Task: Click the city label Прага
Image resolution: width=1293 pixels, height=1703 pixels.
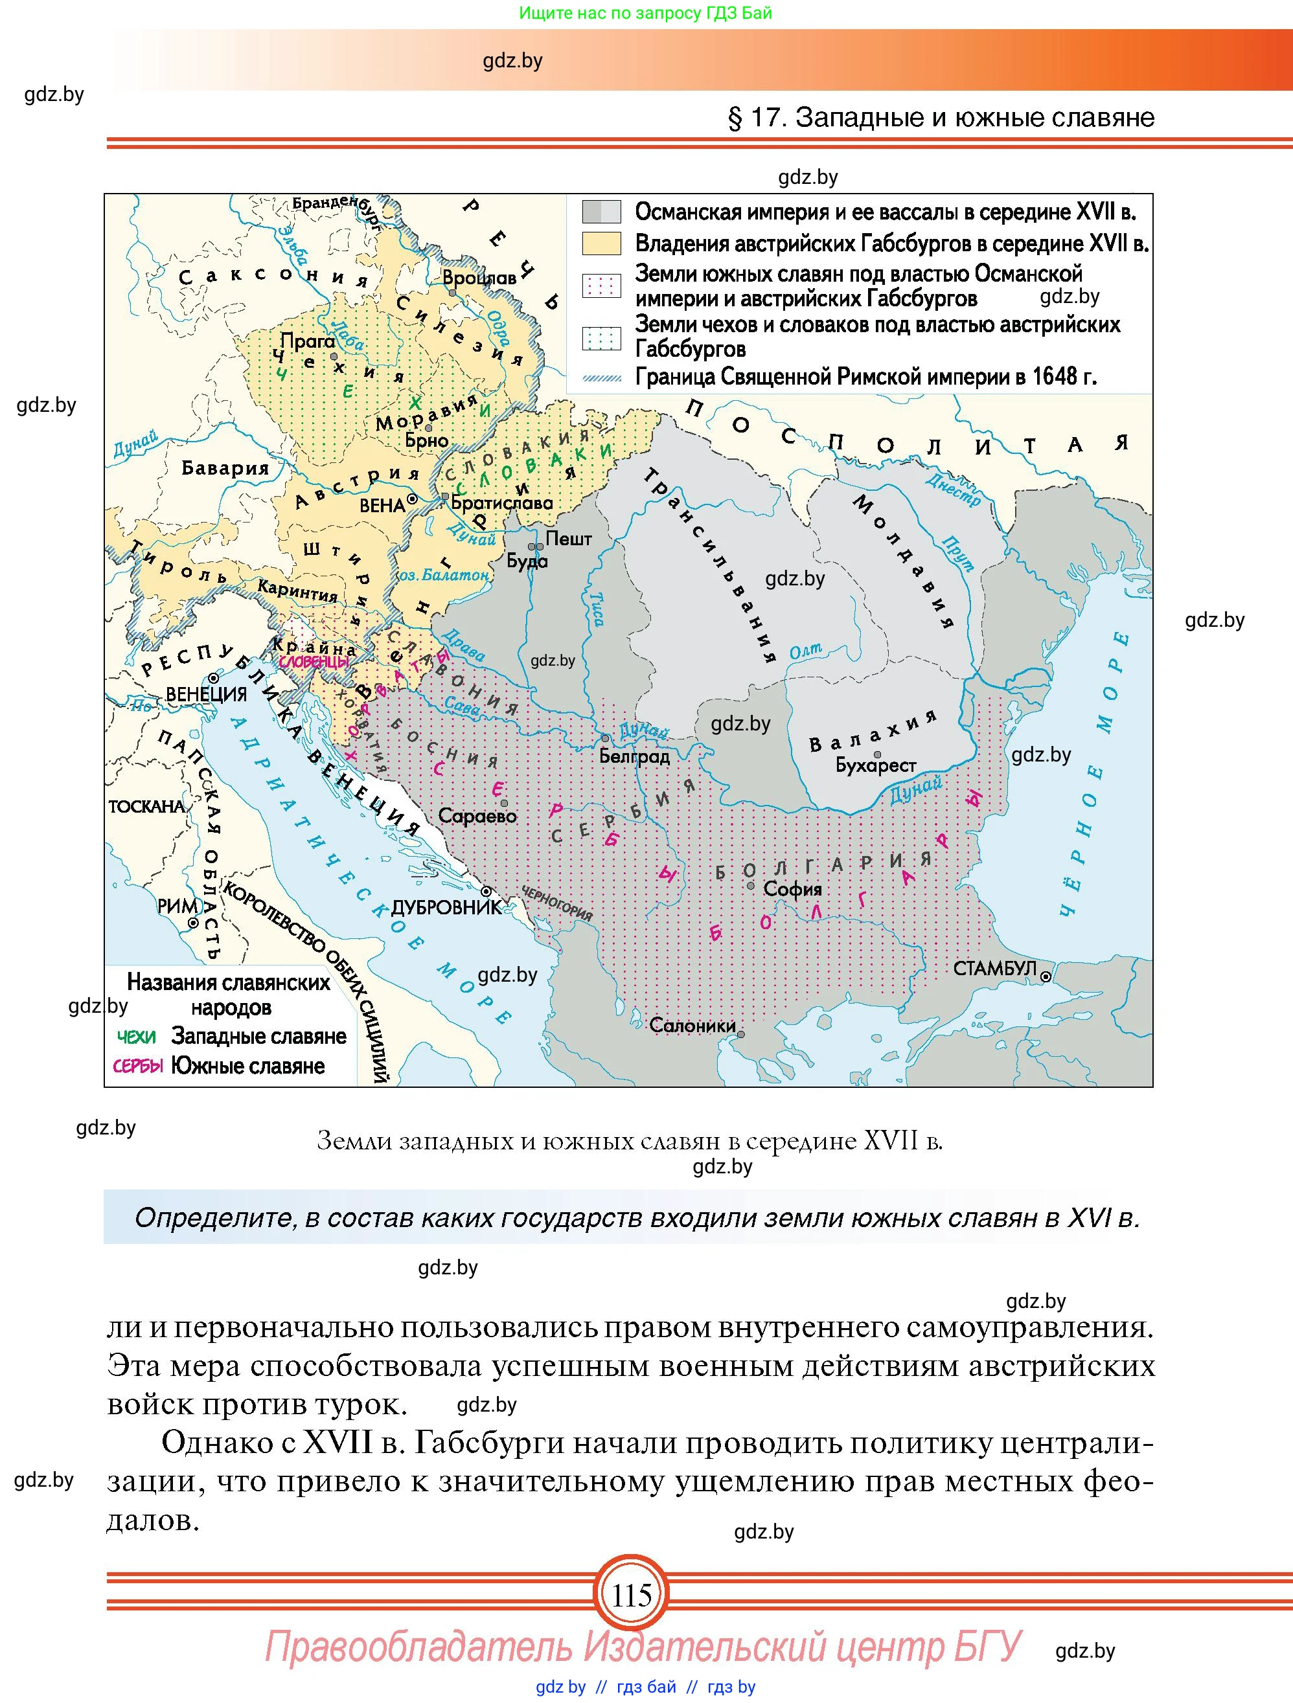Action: pyautogui.click(x=306, y=341)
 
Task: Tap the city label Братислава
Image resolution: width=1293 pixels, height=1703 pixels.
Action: pyautogui.click(x=501, y=504)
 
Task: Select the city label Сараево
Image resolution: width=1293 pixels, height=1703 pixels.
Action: pyautogui.click(x=477, y=815)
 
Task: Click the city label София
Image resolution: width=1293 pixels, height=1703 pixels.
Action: pyautogui.click(x=792, y=889)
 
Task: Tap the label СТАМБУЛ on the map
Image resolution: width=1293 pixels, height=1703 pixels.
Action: pyautogui.click(x=994, y=969)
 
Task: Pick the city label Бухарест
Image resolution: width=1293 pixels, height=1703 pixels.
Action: pyautogui.click(x=876, y=765)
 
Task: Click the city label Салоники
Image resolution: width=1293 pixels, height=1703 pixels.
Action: pyautogui.click(x=692, y=1026)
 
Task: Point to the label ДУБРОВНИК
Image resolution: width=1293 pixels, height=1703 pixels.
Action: pyautogui.click(x=447, y=908)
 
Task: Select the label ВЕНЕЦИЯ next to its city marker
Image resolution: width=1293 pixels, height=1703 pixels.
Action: pyautogui.click(x=207, y=694)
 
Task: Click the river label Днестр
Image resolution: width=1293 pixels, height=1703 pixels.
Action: pyautogui.click(x=954, y=490)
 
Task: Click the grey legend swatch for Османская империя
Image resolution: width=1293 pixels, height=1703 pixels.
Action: pyautogui.click(x=601, y=212)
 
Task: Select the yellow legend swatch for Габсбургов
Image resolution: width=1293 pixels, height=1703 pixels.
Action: pyautogui.click(x=601, y=243)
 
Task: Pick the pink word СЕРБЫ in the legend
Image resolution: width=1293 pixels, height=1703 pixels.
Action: pyautogui.click(x=138, y=1066)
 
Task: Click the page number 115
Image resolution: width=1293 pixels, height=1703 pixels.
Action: pyautogui.click(x=632, y=1596)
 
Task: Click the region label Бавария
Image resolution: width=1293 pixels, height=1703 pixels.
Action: pyautogui.click(x=225, y=468)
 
